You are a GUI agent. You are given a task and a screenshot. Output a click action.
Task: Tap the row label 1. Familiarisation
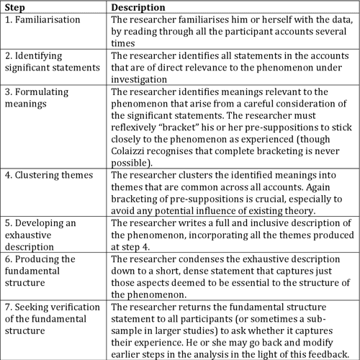tap(41, 21)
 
